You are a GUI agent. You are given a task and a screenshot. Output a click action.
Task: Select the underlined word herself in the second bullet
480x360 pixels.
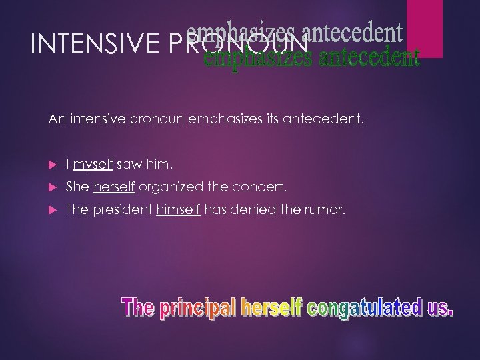click(115, 187)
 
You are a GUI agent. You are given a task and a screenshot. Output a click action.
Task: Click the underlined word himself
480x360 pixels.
click(178, 210)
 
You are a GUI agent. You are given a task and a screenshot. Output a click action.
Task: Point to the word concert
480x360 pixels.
click(254, 187)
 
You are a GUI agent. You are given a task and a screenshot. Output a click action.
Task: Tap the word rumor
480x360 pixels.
click(327, 210)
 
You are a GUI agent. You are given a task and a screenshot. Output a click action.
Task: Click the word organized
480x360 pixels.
click(164, 187)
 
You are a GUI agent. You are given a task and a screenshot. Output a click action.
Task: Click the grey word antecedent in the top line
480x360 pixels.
click(361, 31)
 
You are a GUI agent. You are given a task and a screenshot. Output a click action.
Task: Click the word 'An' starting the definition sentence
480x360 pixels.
click(55, 119)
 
